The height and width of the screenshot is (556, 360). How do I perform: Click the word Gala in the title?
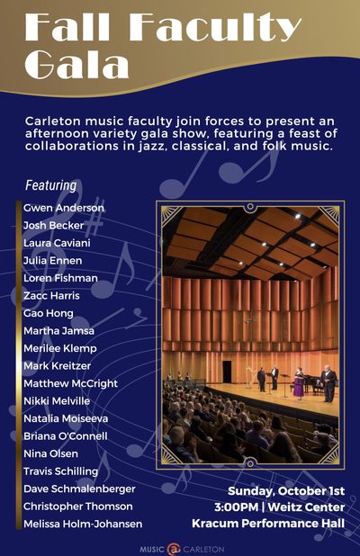coord(76,64)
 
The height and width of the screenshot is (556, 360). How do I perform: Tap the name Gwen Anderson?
coord(64,208)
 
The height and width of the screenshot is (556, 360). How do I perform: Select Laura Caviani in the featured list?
coord(57,243)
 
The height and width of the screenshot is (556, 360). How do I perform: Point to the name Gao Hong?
coord(49,313)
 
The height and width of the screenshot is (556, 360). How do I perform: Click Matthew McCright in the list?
coord(70,383)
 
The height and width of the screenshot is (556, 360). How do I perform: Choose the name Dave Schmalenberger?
coord(79,489)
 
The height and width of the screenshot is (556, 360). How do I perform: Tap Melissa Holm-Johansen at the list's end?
coord(83,524)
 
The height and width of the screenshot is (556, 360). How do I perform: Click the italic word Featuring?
coord(50,185)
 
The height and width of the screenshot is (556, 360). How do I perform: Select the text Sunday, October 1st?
coord(286,491)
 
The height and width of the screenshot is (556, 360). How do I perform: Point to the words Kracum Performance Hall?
coord(268,524)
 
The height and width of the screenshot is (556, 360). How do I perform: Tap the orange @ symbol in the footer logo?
coord(174,550)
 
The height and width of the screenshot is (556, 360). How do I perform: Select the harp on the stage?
coord(250,377)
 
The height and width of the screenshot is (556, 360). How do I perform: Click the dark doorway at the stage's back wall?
coord(227,372)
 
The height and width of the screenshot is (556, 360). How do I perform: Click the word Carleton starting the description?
coord(53,121)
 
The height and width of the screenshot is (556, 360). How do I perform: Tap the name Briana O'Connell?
coord(66,436)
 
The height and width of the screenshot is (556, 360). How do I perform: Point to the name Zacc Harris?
coord(51,296)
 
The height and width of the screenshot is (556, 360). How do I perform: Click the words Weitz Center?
coord(306,507)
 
